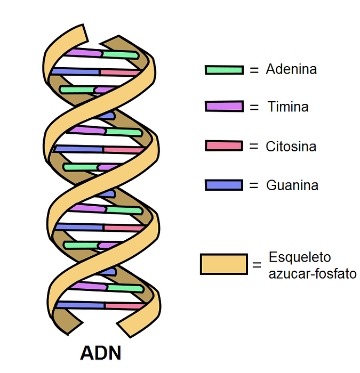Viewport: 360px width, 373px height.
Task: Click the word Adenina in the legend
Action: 291,69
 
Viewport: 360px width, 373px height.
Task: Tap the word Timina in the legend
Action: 288,107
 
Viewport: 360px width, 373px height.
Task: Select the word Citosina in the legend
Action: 291,146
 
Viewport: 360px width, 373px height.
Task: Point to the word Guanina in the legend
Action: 292,185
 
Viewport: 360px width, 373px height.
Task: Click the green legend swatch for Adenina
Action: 223,70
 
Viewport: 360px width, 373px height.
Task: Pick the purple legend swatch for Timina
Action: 223,107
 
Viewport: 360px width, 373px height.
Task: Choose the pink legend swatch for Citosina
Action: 223,146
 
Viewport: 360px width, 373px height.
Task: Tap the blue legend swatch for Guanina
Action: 223,185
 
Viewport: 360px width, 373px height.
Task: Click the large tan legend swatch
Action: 223,264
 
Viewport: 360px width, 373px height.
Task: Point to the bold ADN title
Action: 100,353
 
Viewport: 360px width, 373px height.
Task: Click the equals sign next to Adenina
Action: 254,70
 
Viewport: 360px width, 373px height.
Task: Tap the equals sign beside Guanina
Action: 254,185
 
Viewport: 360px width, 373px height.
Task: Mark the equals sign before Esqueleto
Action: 257,265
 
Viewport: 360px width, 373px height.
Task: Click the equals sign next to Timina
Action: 254,107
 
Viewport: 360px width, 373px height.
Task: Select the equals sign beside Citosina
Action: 254,146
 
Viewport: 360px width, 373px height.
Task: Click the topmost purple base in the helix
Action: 83,53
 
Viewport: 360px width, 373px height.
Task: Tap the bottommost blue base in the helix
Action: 80,305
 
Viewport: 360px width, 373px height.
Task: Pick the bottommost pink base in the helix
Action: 125,306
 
